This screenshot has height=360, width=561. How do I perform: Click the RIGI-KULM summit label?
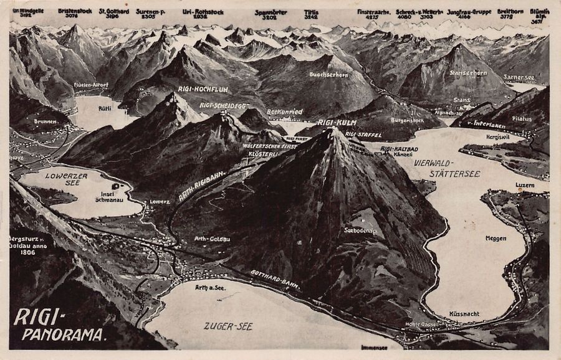[x=337, y=123]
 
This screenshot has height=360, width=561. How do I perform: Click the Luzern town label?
[x=508, y=185]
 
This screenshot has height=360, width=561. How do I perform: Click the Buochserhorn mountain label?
[x=328, y=74]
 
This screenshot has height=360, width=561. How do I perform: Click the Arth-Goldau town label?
[x=209, y=237]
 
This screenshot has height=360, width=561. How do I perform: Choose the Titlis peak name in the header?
[x=311, y=12]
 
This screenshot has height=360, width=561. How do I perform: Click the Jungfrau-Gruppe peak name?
[x=469, y=12]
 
